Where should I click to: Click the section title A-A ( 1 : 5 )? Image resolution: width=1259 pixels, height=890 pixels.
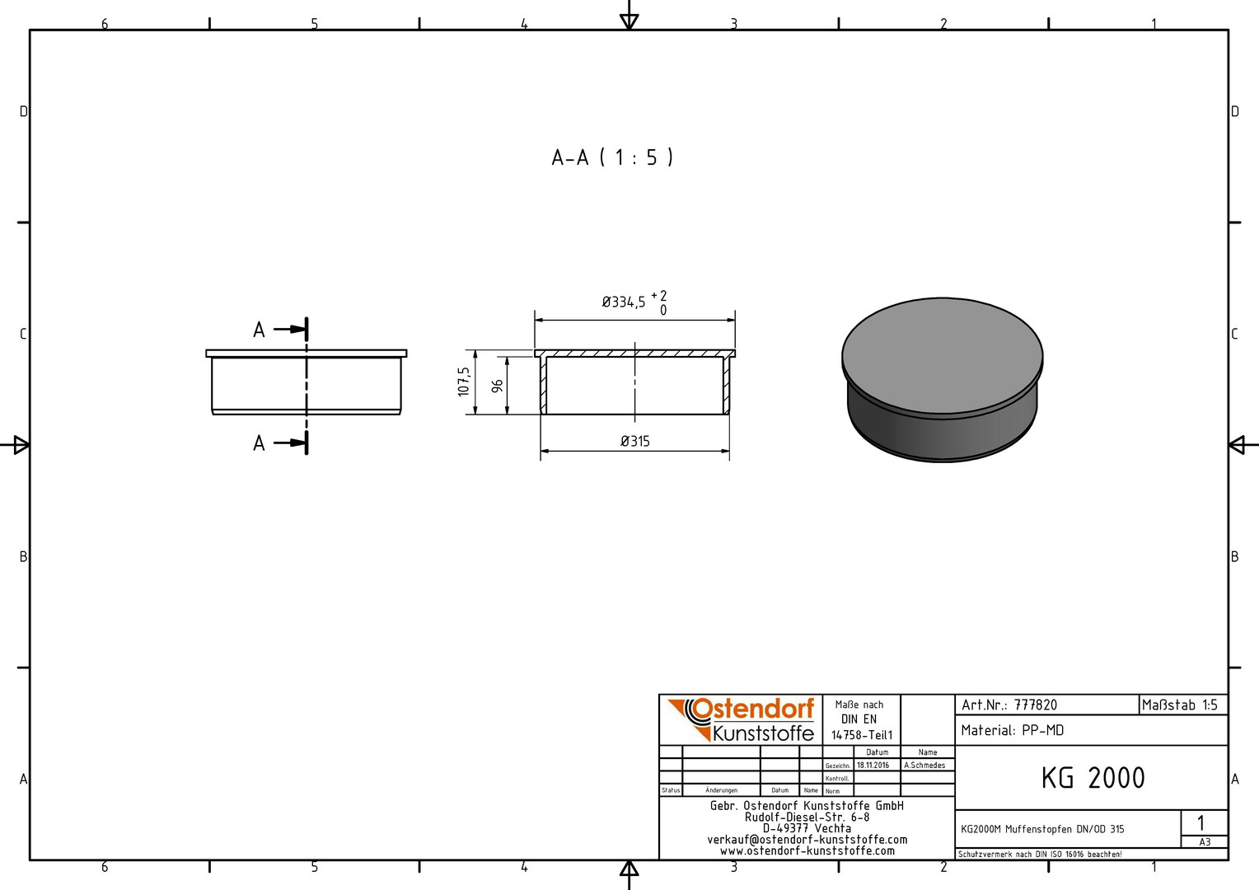coord(612,157)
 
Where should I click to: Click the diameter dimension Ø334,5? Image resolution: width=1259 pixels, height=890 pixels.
coord(623,302)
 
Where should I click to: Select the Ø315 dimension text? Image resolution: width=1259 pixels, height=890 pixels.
coord(635,442)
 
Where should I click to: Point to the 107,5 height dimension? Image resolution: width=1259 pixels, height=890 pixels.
coord(464,382)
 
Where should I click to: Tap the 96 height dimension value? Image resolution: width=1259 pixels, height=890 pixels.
coord(497,386)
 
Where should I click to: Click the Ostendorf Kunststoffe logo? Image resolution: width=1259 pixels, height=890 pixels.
coord(741,719)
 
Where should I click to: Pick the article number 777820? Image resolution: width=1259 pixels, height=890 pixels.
coord(1036,705)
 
